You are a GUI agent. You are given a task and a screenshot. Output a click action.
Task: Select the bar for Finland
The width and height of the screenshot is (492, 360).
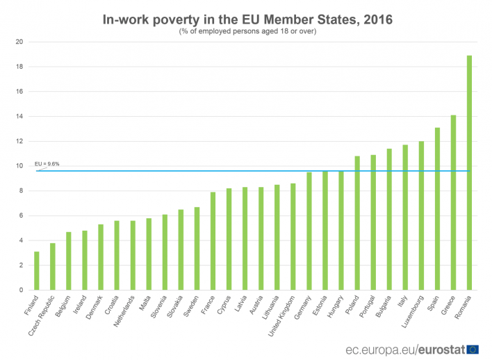36,270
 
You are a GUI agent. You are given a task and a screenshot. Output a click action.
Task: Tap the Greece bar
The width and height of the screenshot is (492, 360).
454,202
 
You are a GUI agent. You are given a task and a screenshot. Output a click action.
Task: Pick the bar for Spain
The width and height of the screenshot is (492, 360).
438,208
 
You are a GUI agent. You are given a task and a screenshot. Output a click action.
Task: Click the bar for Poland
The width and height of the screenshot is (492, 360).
357,222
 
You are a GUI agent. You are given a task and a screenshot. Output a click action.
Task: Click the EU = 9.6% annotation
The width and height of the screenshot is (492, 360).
48,164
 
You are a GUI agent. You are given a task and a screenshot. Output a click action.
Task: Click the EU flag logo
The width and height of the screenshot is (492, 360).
473,347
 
